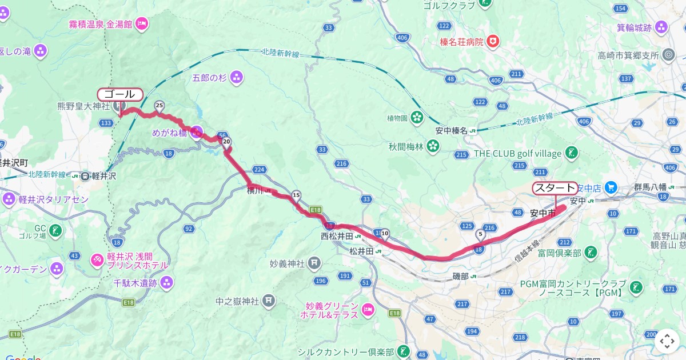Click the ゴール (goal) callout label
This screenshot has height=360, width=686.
[119, 94]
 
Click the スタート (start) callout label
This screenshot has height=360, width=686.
[555, 188]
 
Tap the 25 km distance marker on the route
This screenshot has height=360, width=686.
[159, 106]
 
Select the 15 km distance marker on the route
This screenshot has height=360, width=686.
[296, 195]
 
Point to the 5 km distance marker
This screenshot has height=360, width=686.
[480, 234]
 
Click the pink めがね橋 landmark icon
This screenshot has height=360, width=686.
[196, 133]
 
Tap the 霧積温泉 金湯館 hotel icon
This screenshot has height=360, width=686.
[142, 24]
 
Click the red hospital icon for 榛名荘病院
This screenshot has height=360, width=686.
[492, 42]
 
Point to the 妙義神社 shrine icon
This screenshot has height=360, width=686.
[314, 263]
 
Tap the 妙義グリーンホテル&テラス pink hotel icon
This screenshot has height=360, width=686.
[368, 310]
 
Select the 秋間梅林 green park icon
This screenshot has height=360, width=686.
[433, 147]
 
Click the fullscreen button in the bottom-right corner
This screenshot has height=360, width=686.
[667, 341]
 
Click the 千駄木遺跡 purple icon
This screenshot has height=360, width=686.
[166, 282]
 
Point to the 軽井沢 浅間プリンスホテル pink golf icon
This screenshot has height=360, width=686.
[97, 260]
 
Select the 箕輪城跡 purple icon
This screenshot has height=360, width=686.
[661, 27]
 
